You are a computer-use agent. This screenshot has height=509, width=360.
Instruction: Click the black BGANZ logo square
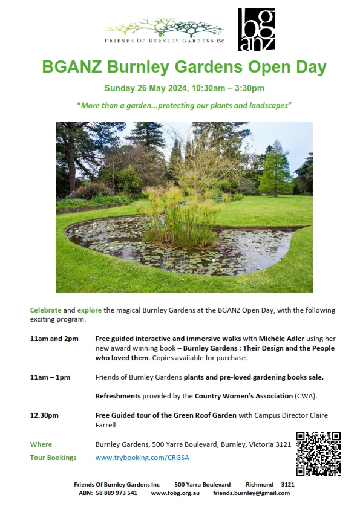(x=256, y=30)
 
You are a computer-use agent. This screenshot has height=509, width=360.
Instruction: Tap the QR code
(x=318, y=454)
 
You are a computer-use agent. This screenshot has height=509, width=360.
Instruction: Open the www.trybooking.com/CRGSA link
(x=142, y=458)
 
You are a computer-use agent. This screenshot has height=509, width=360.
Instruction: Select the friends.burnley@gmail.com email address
(x=251, y=493)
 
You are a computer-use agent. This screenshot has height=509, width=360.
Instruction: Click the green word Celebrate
(x=45, y=310)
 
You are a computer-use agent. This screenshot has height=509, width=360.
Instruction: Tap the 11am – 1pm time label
(x=50, y=377)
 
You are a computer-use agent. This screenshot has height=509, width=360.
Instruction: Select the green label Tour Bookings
(x=53, y=458)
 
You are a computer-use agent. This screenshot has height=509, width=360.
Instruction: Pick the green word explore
(x=89, y=310)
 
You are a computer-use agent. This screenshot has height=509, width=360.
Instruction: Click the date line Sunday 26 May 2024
(x=184, y=88)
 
